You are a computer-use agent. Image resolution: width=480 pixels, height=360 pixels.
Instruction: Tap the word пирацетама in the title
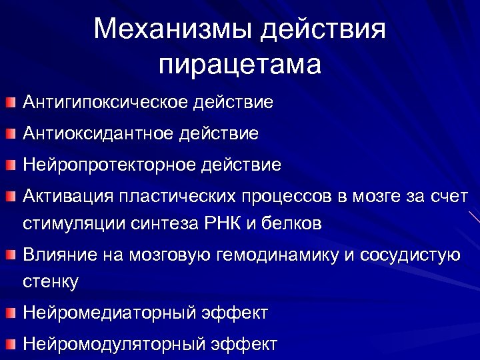point(240,65)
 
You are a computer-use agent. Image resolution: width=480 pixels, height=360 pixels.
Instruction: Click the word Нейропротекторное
point(106,164)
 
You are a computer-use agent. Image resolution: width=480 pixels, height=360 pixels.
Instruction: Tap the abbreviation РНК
point(217,223)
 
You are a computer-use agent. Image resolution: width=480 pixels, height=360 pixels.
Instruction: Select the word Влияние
point(59,254)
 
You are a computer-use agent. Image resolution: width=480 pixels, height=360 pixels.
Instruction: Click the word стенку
point(51,281)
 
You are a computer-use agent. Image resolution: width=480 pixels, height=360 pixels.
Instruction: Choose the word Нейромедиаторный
point(105,312)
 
